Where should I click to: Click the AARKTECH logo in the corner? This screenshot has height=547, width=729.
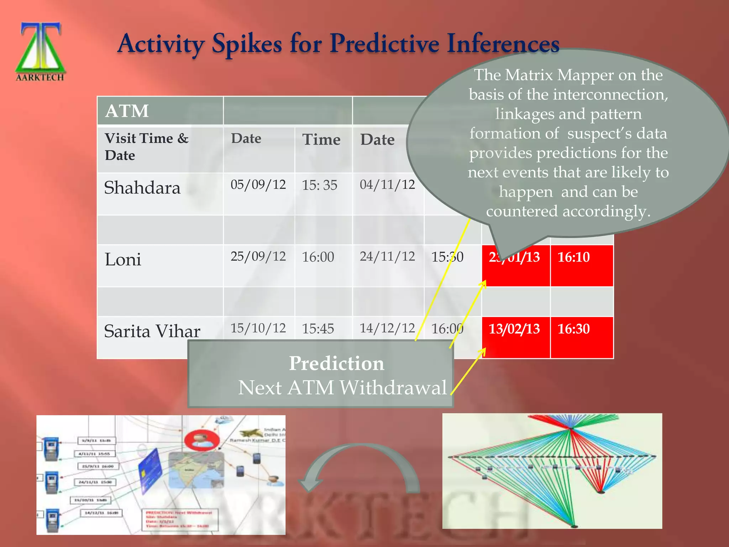point(40,52)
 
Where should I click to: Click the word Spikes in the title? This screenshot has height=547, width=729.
point(247,44)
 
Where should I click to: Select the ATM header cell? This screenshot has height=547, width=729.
point(127,111)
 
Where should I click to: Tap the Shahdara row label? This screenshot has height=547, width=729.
point(142,188)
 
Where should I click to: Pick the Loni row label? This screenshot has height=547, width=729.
point(123,259)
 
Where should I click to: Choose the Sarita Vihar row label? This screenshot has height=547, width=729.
point(152,331)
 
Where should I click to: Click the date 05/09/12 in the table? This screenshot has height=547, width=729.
point(258,184)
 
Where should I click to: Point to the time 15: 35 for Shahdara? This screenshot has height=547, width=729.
point(319,185)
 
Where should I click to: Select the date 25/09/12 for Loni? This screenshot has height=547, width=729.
point(258,256)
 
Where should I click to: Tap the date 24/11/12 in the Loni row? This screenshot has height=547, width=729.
point(387,256)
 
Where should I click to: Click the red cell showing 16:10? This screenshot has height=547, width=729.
point(581,265)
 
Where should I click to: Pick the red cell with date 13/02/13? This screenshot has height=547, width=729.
point(515,337)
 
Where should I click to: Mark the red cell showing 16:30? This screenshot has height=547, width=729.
point(581,337)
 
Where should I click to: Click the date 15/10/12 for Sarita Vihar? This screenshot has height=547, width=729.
point(258,328)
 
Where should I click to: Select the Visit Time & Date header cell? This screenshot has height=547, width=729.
point(147,147)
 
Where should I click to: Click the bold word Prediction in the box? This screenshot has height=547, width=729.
point(336,363)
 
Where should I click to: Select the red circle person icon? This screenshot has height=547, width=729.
point(202,441)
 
